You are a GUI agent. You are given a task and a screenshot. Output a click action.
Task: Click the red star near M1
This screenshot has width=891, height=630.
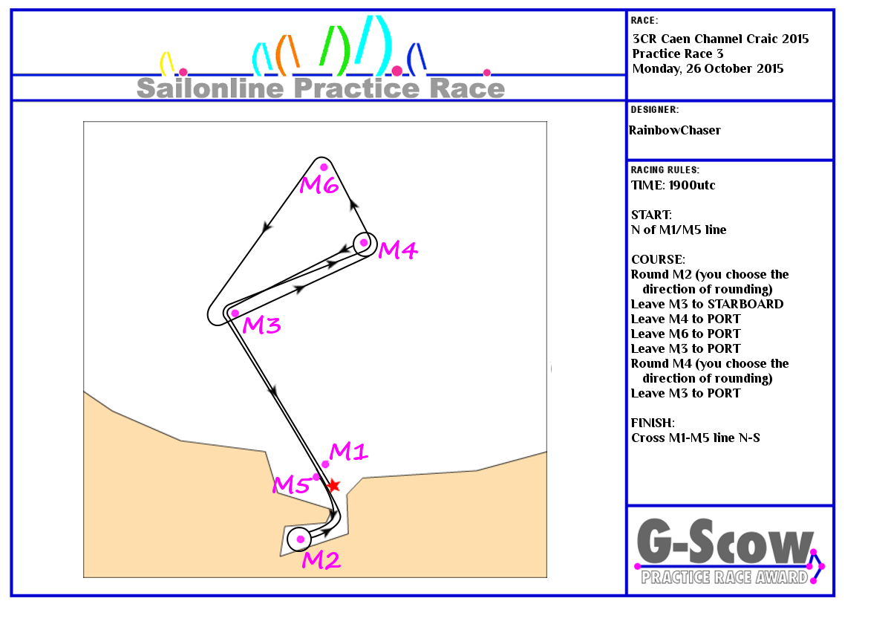(x=333, y=486)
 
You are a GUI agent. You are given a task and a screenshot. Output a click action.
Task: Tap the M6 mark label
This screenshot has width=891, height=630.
(x=319, y=185)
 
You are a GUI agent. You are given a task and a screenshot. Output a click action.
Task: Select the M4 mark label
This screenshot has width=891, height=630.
(x=398, y=250)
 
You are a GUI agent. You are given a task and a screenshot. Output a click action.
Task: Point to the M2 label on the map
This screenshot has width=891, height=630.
(x=321, y=560)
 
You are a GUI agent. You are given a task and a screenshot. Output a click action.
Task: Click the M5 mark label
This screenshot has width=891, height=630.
(x=291, y=485)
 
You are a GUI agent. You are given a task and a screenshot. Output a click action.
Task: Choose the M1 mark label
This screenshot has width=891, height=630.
(x=348, y=452)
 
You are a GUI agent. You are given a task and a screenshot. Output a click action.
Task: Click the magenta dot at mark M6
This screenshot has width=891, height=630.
(x=324, y=167)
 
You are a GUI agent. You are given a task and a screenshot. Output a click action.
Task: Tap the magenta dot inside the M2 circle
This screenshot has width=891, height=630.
(x=300, y=539)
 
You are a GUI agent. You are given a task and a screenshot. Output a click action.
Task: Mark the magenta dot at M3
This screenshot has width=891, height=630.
(x=235, y=314)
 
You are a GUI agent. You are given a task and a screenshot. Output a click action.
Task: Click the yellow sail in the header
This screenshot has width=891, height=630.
(x=166, y=64)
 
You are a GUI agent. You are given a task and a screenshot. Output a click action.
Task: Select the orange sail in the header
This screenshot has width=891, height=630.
(x=287, y=55)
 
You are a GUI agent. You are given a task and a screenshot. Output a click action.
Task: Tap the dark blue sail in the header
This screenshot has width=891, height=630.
(x=417, y=59)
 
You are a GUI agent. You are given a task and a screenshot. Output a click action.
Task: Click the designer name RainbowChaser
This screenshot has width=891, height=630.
(x=675, y=130)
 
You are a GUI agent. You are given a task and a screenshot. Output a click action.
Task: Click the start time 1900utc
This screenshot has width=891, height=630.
(x=692, y=185)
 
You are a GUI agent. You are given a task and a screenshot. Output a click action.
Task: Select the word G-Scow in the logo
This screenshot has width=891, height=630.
(x=725, y=542)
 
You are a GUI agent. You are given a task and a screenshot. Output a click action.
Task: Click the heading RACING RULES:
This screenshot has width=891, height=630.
(x=665, y=170)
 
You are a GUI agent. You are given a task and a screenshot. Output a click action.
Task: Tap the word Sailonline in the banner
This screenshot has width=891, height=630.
(x=210, y=88)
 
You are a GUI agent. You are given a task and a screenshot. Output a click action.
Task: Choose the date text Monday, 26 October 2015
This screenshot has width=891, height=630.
(x=708, y=69)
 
